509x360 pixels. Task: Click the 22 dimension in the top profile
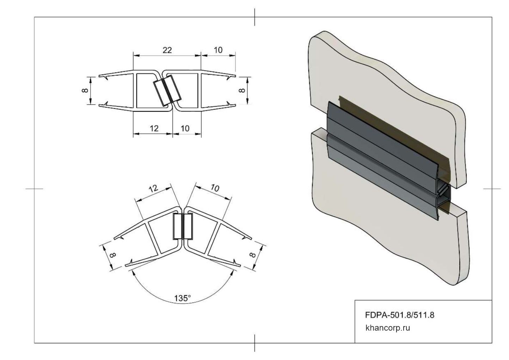click(x=167, y=50)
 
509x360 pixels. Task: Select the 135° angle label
click(x=183, y=298)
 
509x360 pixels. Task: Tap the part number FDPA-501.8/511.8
click(x=399, y=315)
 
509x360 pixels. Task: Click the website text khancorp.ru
click(x=388, y=328)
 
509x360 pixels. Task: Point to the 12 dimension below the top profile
click(x=154, y=128)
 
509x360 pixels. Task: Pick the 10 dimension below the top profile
click(x=185, y=128)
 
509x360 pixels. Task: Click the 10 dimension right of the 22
click(x=218, y=50)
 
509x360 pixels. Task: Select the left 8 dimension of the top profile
click(x=85, y=90)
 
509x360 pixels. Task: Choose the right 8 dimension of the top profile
click(x=242, y=90)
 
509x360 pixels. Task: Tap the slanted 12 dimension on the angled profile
click(x=153, y=188)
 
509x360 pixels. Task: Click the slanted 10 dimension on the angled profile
click(x=215, y=188)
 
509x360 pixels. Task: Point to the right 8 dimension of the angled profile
click(x=252, y=255)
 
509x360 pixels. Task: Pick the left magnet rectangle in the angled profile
click(x=177, y=226)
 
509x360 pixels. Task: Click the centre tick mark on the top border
click(x=255, y=17)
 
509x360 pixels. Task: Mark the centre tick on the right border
click(x=492, y=189)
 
